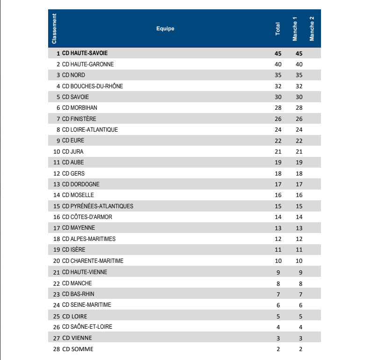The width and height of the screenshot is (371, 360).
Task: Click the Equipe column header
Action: point(165,28)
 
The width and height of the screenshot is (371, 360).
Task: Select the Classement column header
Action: point(54,29)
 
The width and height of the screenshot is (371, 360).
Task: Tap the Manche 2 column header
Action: point(312,29)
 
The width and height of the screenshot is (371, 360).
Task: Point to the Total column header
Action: point(278,29)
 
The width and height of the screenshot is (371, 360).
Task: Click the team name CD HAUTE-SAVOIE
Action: point(85,53)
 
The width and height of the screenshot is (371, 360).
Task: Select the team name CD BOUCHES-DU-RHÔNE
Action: point(93,86)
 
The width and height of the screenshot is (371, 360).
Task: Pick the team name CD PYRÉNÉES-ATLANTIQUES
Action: point(98,206)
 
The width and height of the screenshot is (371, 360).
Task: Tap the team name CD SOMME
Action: point(78,349)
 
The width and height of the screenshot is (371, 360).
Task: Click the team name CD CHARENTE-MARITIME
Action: point(93,261)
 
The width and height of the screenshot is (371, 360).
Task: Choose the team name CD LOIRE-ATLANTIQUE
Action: point(90,129)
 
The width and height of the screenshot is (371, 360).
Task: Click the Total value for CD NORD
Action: point(278,75)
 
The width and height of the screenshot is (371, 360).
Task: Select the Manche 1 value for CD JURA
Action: point(300,151)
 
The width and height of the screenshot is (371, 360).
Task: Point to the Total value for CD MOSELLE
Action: point(278,195)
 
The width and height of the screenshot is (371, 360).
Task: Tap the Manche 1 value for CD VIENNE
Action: point(300,338)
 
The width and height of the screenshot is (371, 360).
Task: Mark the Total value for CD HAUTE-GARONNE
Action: point(278,64)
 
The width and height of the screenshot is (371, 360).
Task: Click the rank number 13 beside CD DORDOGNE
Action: point(57,184)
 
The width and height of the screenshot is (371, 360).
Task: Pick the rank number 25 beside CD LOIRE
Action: point(57,316)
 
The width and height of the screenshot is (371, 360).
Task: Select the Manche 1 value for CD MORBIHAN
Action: point(300,108)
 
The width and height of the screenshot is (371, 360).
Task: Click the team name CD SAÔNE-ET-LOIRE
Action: point(87,326)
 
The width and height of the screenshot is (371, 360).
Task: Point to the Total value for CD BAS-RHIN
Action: point(278,294)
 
